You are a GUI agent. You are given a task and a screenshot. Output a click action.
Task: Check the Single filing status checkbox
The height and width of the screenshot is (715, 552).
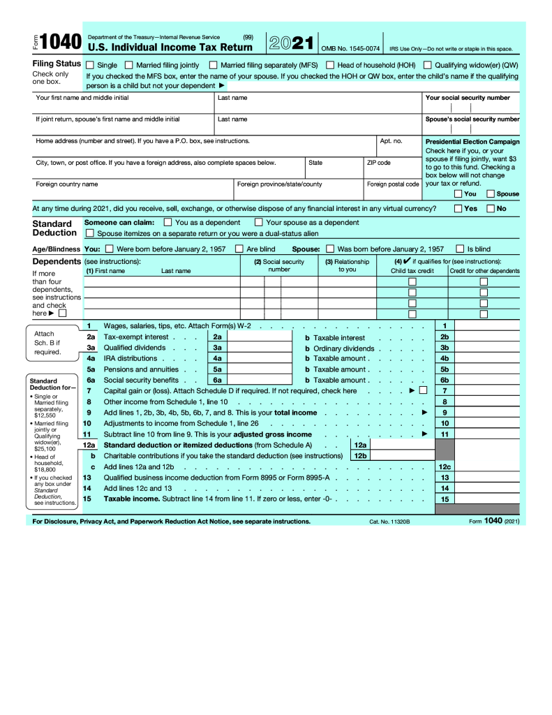pos(90,65)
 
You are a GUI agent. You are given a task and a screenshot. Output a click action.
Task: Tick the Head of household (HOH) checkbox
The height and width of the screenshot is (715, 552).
pos(331,65)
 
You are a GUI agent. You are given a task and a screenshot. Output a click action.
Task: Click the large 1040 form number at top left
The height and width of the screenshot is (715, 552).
pos(61,43)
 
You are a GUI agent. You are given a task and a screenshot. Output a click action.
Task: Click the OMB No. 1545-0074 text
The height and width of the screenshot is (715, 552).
pos(350,49)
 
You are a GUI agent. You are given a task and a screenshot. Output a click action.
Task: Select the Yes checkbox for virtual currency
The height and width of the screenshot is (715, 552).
pos(458,208)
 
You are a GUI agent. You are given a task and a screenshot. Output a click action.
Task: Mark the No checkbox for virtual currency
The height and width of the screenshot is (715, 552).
pos(491,208)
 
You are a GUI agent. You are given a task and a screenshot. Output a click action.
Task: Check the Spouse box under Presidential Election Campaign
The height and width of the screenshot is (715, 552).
pos(491,193)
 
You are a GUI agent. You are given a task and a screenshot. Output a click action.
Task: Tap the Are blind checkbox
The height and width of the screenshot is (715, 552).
pos(239,249)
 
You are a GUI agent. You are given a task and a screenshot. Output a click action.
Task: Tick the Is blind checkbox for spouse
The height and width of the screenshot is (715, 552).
pos(460,249)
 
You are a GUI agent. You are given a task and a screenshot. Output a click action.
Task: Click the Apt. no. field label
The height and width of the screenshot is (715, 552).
pos(391,141)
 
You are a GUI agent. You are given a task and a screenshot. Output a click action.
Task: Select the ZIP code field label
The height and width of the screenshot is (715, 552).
pos(378,163)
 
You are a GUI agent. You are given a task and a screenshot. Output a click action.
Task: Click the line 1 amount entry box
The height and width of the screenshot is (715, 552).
pos(487,326)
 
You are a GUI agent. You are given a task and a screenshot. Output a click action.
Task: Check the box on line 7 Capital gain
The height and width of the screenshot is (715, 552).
pos(423,391)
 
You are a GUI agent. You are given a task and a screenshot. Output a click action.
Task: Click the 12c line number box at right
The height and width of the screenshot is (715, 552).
pos(444,466)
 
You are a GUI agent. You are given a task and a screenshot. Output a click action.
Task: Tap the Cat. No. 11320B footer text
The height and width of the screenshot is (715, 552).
pos(389,522)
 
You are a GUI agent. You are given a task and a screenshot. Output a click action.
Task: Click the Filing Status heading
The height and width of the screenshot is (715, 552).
pos(57,64)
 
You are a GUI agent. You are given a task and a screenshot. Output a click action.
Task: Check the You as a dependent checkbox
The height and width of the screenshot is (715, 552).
pos(167,222)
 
